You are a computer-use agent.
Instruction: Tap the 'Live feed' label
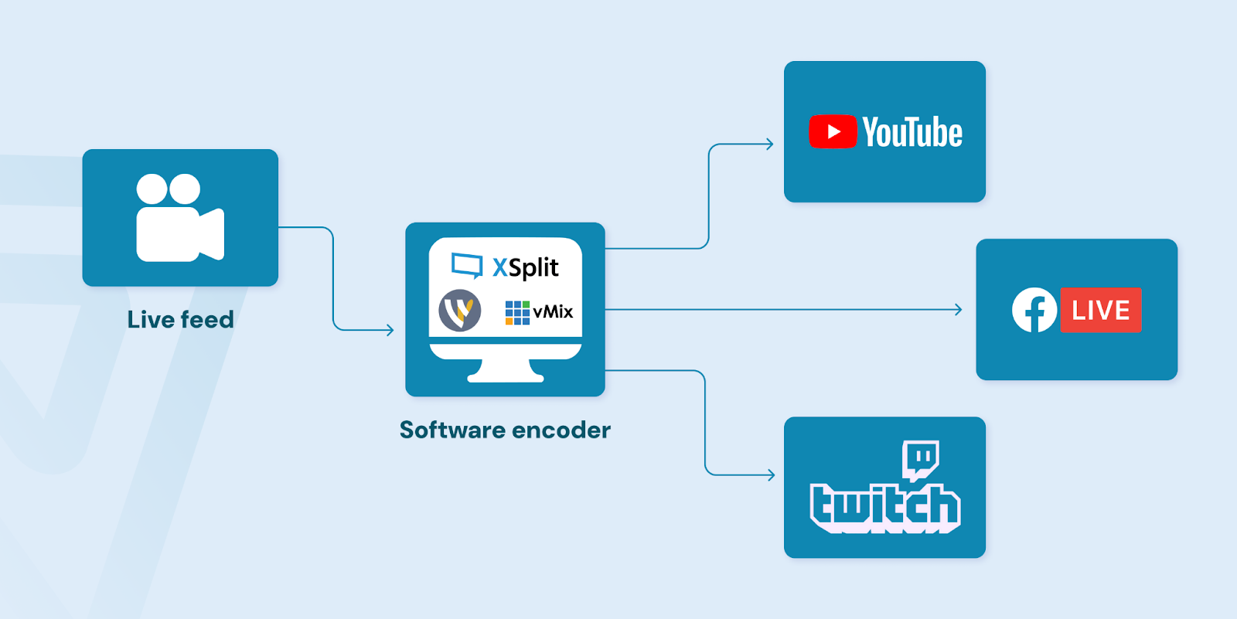click(x=180, y=320)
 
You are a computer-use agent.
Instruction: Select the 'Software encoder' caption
click(x=505, y=430)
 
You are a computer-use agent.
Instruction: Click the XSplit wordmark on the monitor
click(x=526, y=267)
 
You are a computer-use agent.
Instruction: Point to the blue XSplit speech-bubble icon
click(x=467, y=265)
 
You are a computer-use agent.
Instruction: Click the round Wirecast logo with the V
click(x=460, y=311)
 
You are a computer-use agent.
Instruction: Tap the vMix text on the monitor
click(x=553, y=311)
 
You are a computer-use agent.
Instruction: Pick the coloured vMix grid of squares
click(x=517, y=312)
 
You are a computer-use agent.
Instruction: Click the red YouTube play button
click(x=833, y=132)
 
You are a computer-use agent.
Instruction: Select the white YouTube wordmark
click(x=912, y=133)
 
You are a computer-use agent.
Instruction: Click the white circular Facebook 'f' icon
click(x=1034, y=310)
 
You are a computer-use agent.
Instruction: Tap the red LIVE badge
click(x=1100, y=310)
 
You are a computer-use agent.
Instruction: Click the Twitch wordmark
click(x=885, y=508)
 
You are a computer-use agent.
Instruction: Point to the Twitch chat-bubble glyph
click(x=920, y=459)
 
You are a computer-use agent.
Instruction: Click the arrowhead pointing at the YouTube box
click(x=769, y=144)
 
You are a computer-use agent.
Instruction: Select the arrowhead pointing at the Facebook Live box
click(x=958, y=310)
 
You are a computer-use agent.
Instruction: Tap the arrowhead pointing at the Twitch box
click(x=771, y=474)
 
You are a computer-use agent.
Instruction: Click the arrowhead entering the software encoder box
click(x=390, y=330)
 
